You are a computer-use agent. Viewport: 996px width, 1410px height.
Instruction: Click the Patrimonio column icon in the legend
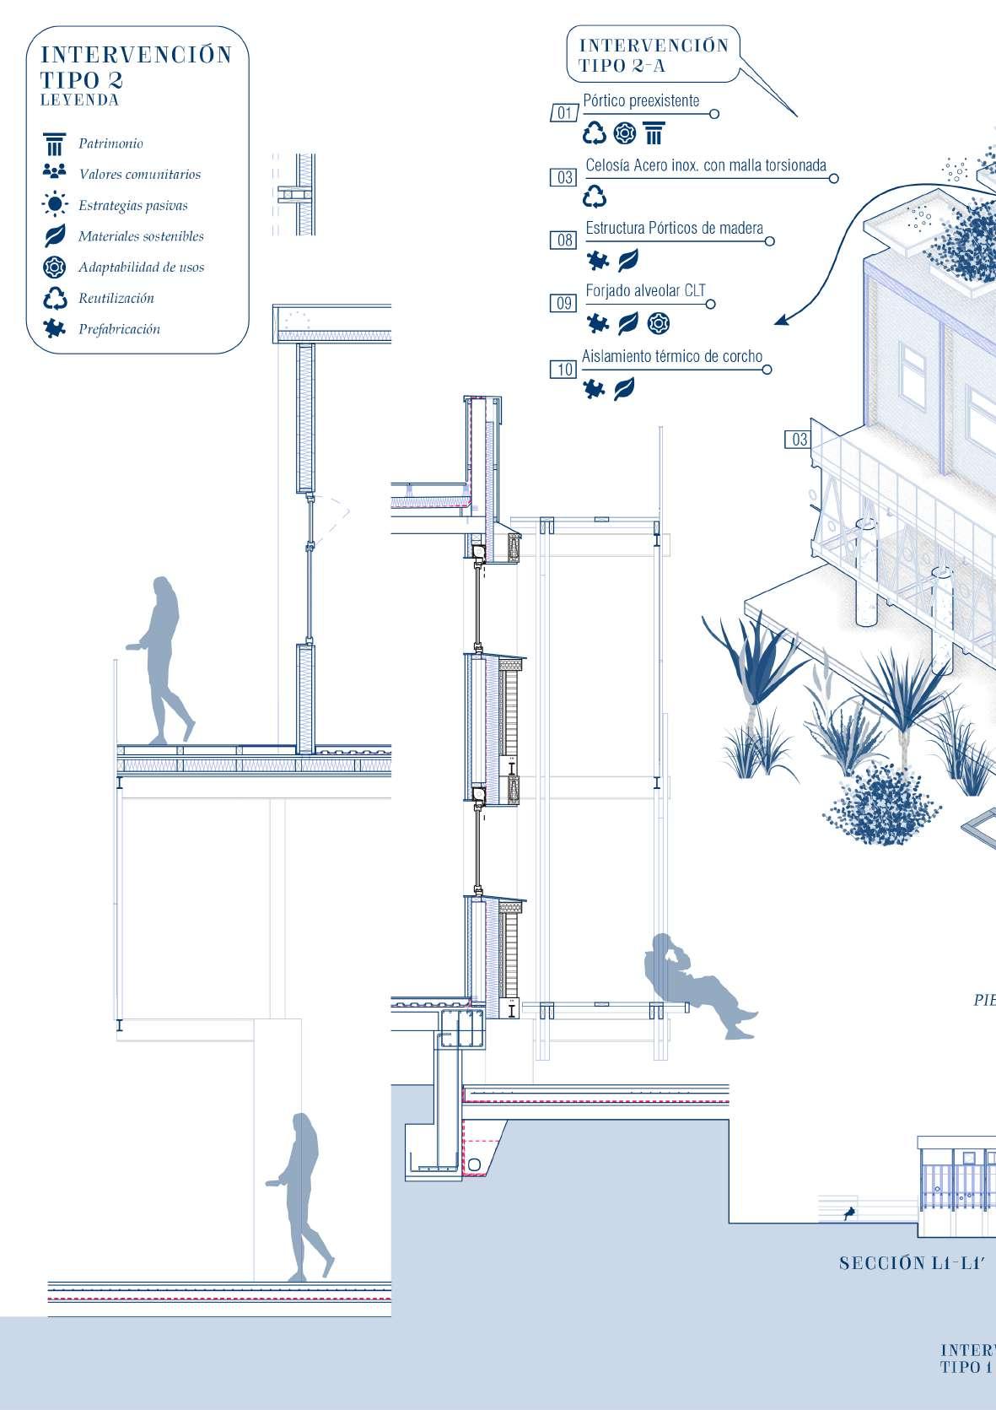55,143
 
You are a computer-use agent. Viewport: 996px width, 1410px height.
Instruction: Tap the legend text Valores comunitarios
139,175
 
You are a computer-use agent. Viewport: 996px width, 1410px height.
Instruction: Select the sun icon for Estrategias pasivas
55,205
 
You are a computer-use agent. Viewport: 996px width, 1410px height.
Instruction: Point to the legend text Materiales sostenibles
141,236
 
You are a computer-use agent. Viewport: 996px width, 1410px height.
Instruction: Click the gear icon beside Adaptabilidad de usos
55,267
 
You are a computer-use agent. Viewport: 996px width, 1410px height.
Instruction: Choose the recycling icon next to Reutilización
55,299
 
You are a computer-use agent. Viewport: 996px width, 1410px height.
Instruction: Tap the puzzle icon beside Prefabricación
55,329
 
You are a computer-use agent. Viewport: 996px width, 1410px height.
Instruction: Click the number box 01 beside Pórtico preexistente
564,113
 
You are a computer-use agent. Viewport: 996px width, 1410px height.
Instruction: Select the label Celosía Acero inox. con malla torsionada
705,165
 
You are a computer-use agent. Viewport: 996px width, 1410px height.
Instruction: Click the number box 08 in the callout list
564,240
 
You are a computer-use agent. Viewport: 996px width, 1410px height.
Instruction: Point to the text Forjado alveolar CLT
645,291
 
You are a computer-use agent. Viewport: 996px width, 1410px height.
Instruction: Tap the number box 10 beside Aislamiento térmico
564,370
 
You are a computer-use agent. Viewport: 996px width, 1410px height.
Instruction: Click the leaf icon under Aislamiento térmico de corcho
625,389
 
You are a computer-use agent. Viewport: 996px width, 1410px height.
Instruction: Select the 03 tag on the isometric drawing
799,440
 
